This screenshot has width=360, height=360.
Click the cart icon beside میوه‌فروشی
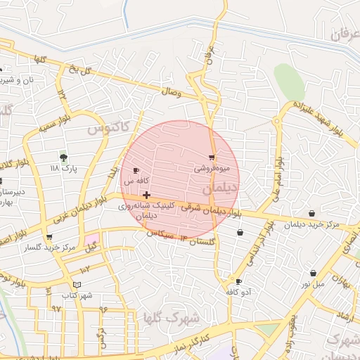[212, 157]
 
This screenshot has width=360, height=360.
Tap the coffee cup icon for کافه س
[136, 170]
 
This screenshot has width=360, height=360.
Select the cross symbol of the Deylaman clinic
[146, 195]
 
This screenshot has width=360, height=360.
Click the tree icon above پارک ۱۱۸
[64, 157]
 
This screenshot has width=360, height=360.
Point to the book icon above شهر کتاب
[77, 285]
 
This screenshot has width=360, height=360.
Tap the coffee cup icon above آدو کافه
[239, 281]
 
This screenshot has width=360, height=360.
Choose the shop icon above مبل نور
[313, 273]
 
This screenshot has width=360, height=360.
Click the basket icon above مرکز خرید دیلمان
[311, 213]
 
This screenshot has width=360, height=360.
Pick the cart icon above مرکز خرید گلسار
[49, 238]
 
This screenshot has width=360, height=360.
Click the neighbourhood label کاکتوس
[108, 129]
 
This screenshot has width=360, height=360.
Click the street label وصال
[171, 91]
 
